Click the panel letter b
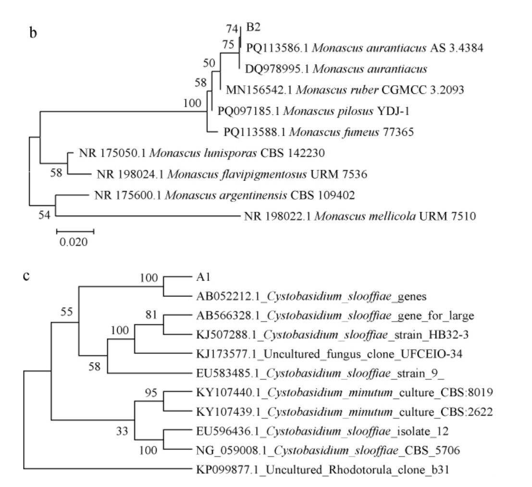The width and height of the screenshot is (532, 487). pos(34,36)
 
